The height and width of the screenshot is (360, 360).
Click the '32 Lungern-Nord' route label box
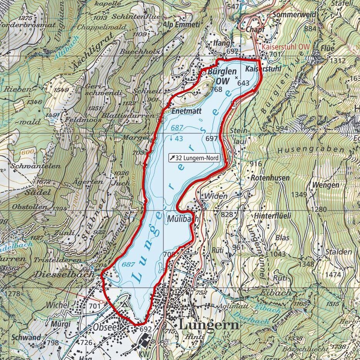(x=194, y=158)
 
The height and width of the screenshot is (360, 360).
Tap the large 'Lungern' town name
(x=209, y=325)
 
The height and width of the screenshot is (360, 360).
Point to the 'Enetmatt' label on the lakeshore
(x=183, y=111)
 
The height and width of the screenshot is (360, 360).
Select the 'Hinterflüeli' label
(x=273, y=216)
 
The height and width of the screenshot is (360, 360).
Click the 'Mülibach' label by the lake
(x=183, y=219)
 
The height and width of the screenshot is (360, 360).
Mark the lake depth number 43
(x=178, y=138)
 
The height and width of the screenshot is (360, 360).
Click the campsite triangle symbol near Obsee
(x=124, y=304)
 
